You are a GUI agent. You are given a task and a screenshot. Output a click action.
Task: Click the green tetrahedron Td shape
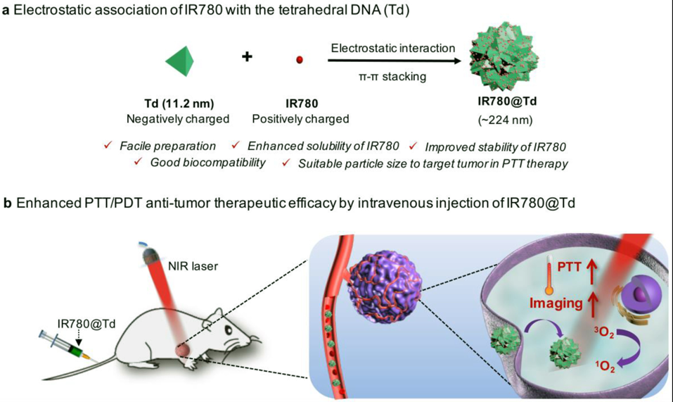179,60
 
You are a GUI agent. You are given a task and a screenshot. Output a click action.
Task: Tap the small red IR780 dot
300,60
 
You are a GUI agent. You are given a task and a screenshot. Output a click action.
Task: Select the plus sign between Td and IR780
247,56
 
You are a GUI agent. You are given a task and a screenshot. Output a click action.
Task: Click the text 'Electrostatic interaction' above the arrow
393,48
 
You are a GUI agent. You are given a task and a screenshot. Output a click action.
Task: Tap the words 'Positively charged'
300,119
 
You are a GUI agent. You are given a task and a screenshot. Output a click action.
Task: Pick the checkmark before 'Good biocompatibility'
139,163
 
